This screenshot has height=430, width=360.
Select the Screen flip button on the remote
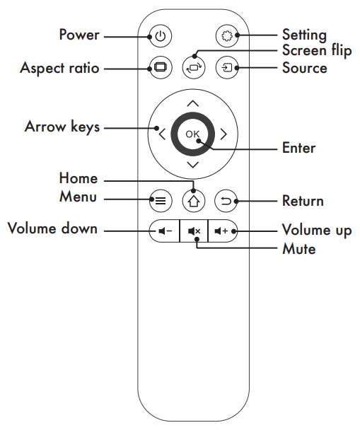pyautogui.click(x=193, y=67)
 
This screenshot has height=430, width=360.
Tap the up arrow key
pyautogui.click(x=193, y=103)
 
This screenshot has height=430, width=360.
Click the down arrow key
pyautogui.click(x=193, y=164)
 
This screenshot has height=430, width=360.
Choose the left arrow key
pyautogui.click(x=162, y=133)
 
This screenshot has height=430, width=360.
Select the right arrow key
pyautogui.click(x=223, y=133)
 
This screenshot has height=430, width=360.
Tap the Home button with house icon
pyautogui.click(x=193, y=201)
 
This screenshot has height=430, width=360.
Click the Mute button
pyautogui.click(x=193, y=231)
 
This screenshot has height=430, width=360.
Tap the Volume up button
pyautogui.click(x=222, y=231)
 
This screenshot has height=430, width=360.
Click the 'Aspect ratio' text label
pyautogui.click(x=59, y=69)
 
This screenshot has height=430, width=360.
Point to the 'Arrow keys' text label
pyautogui.click(x=62, y=127)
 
